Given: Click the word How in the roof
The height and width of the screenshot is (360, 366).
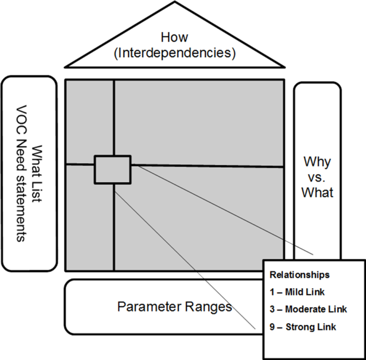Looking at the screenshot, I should (175, 37).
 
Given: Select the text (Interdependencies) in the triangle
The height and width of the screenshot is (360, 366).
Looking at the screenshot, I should (175, 52).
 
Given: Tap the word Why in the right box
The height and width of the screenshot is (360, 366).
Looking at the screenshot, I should (317, 162).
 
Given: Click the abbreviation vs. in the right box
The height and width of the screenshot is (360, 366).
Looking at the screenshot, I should (317, 177).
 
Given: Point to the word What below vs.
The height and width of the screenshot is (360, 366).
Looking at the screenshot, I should (317, 192).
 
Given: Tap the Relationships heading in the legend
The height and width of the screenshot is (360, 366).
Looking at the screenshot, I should (299, 275).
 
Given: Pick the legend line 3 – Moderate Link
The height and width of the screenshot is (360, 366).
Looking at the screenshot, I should (308, 309).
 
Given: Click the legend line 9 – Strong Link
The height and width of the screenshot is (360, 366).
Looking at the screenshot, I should (303, 327).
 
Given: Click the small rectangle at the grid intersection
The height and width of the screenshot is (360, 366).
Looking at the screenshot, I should (112, 169).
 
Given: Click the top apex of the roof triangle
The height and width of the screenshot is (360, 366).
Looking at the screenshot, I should (175, 3).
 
